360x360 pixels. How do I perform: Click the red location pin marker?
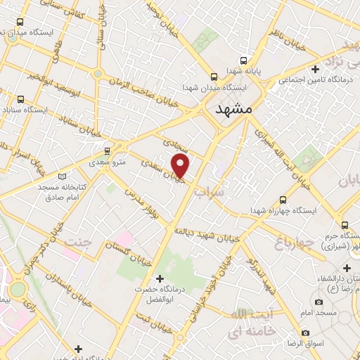pyautogui.click(x=181, y=166)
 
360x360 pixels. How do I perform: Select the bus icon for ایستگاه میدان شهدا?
pyautogui.click(x=214, y=77)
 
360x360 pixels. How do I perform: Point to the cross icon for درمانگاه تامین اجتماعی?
pyautogui.click(x=316, y=69)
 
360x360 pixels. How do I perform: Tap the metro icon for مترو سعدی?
pyautogui.click(x=107, y=150)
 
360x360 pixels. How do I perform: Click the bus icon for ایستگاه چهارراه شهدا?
pyautogui.click(x=283, y=200)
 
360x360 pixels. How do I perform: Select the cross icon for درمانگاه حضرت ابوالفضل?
pyautogui.click(x=161, y=279)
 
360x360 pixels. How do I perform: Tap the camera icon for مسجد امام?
pyautogui.click(x=319, y=302)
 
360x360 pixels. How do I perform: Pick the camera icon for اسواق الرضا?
pyautogui.click(x=305, y=332)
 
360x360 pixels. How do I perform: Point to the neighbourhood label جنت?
pyautogui.click(x=78, y=242)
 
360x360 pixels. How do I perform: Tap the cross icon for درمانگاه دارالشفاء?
pyautogui.click(x=346, y=268)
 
